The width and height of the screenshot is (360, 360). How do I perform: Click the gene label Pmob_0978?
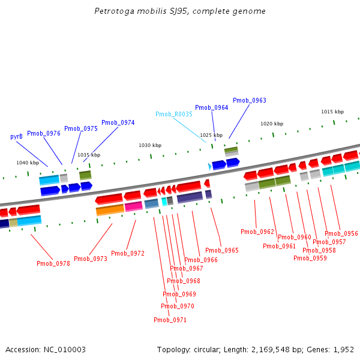click(53, 263)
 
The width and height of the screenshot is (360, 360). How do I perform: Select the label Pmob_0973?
click(91, 259)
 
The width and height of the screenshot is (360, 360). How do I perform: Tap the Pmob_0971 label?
click(170, 320)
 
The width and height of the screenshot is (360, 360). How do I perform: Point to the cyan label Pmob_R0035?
click(174, 114)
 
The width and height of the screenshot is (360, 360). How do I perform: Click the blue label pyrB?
click(17, 136)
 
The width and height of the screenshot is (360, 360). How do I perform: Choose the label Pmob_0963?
click(250, 101)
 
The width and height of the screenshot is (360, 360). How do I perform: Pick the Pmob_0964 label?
click(212, 108)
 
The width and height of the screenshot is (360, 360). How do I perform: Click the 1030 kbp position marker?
click(150, 145)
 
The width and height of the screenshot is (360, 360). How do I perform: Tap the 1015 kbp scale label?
click(332, 112)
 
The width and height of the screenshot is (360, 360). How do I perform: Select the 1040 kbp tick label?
click(28, 163)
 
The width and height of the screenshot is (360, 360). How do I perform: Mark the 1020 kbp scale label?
click(271, 124)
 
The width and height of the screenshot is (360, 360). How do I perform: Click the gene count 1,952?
click(343, 349)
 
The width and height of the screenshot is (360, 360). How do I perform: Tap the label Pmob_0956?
click(341, 234)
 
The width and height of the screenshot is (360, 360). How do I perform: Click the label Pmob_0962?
click(257, 232)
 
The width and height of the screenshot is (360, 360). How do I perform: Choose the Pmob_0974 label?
click(118, 122)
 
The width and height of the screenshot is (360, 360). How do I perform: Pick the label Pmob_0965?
click(222, 250)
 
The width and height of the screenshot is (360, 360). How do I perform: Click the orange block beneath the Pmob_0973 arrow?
click(110, 210)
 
